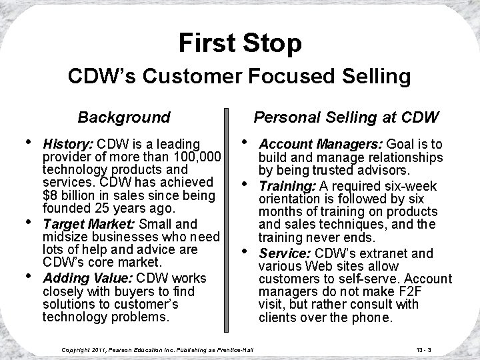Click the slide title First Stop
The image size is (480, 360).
(240, 43)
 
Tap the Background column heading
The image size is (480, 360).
(124, 118)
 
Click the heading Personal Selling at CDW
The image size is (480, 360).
(346, 118)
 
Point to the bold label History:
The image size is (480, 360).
(68, 144)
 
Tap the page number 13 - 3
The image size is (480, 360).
(422, 349)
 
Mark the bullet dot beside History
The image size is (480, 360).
(27, 141)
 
